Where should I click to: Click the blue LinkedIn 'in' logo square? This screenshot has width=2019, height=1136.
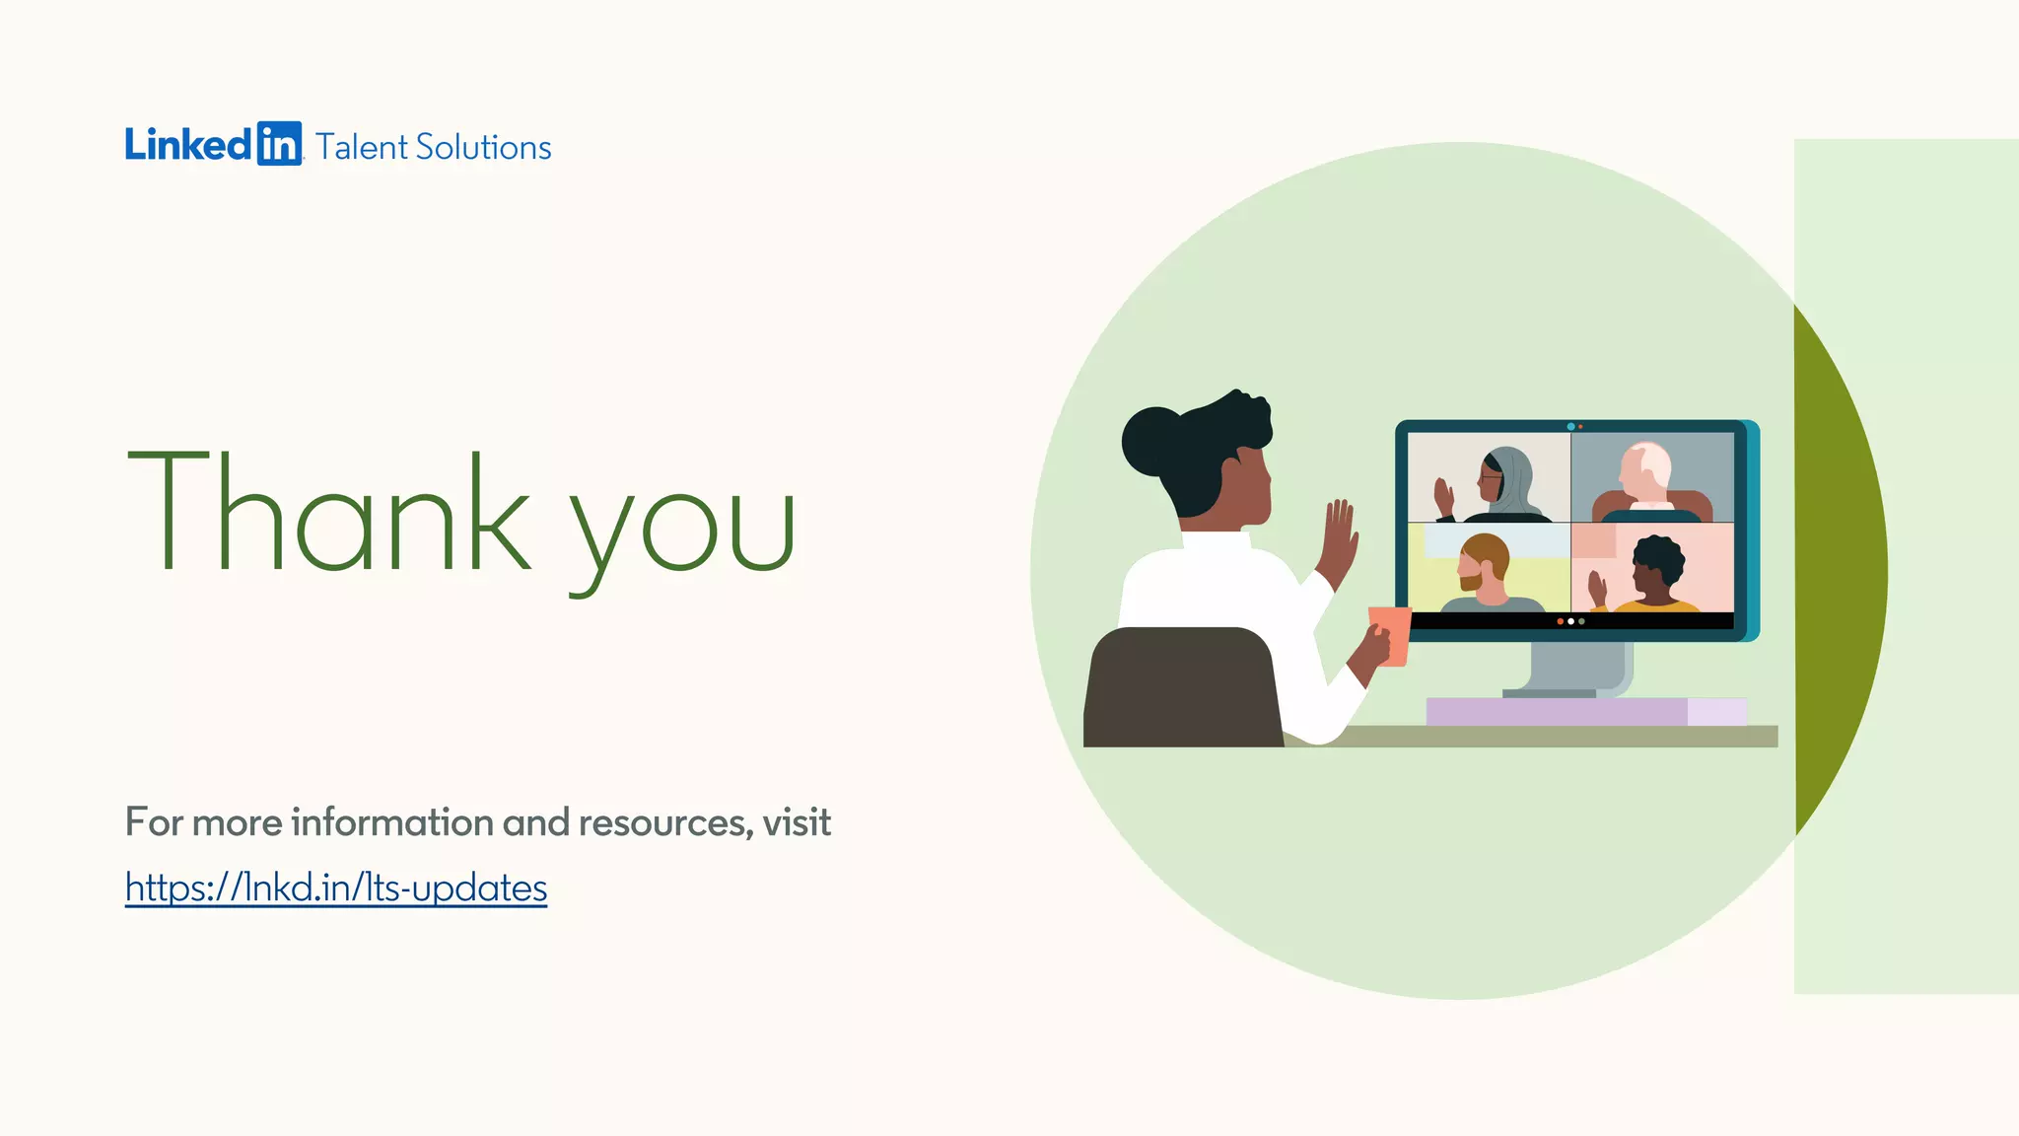point(279,144)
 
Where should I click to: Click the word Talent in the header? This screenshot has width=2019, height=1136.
point(361,147)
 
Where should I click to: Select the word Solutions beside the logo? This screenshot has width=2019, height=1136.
point(483,147)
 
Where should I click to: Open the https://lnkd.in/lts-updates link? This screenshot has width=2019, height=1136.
point(335,887)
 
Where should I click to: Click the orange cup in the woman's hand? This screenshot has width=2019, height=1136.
point(1391,634)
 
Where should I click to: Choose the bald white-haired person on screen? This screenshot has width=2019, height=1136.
point(1645,477)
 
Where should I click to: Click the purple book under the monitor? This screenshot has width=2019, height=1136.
point(1558,711)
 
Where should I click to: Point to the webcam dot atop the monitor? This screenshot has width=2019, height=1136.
point(1570,427)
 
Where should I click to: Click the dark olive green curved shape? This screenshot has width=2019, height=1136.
point(1839,572)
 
